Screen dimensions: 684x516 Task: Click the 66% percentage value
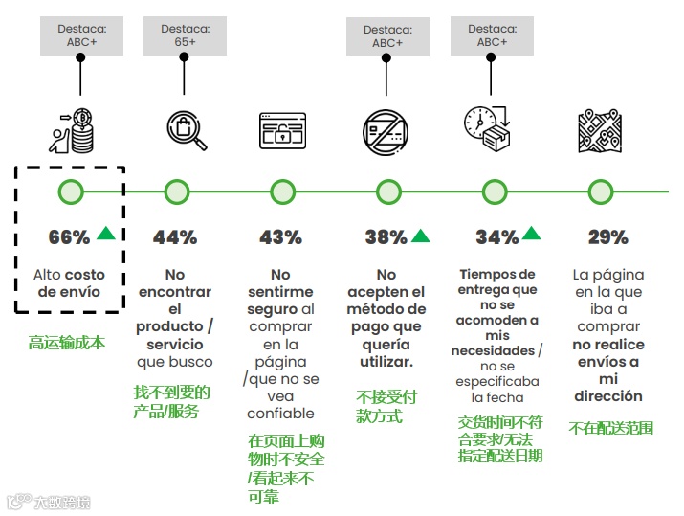pyautogui.click(x=69, y=236)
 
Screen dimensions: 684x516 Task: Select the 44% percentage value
pyautogui.click(x=175, y=236)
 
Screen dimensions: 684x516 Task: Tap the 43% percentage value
pyautogui.click(x=280, y=236)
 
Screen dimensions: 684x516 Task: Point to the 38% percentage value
pyautogui.click(x=386, y=236)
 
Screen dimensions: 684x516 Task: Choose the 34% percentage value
pyautogui.click(x=496, y=236)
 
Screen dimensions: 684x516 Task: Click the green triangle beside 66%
pyautogui.click(x=106, y=233)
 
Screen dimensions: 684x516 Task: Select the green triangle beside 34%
pyautogui.click(x=532, y=233)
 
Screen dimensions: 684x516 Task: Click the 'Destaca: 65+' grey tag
pyautogui.click(x=177, y=37)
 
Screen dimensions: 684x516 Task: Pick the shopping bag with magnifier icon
pyautogui.click(x=186, y=130)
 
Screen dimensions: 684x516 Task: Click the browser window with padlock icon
pyautogui.click(x=282, y=130)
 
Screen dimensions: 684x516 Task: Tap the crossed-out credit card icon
pyautogui.click(x=386, y=130)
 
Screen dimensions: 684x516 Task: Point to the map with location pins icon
pyautogui.click(x=599, y=130)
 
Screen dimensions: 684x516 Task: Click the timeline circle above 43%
pyautogui.click(x=282, y=191)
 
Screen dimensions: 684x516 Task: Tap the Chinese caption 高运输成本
pyautogui.click(x=66, y=342)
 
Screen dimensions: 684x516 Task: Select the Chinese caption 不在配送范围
pyautogui.click(x=610, y=428)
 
